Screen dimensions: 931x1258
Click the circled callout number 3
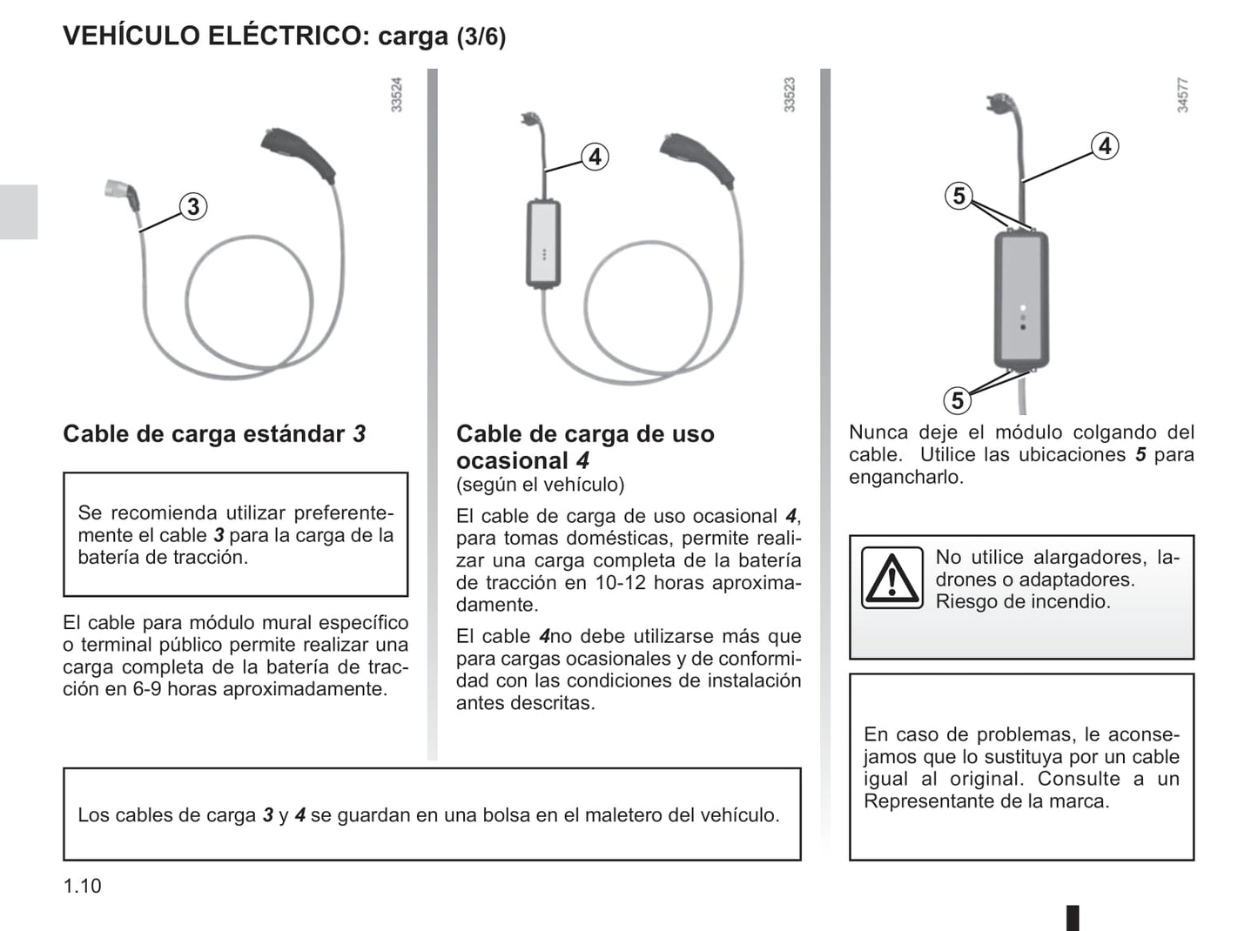tap(193, 207)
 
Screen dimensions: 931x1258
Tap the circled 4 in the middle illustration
tap(595, 157)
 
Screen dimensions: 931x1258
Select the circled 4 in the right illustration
tap(1105, 146)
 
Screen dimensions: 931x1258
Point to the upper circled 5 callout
tap(959, 196)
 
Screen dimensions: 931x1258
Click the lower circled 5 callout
tap(958, 400)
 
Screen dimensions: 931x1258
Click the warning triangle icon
tap(891, 578)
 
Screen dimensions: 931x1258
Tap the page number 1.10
tap(82, 886)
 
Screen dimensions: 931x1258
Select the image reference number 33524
tap(397, 95)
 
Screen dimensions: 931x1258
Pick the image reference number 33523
tap(790, 95)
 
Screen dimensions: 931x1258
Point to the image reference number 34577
tap(1182, 95)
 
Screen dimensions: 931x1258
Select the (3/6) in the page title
tap(481, 37)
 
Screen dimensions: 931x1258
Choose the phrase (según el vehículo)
tap(540, 485)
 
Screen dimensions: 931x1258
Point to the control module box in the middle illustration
tap(543, 244)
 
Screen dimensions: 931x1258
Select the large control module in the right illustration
tap(1022, 298)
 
